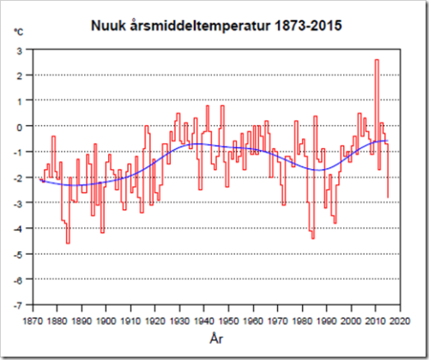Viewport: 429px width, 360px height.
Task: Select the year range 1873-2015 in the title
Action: point(308,26)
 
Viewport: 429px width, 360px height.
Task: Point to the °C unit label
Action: point(19,32)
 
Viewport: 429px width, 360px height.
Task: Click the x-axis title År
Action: point(216,339)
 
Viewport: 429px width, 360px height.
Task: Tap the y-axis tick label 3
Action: point(19,51)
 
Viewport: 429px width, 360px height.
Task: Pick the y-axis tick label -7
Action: point(18,306)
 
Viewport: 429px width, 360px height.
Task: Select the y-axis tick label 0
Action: point(19,127)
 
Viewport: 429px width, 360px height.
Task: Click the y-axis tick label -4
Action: point(18,229)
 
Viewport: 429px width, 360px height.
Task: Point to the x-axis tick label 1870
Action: point(33,321)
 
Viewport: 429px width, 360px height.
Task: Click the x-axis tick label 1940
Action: point(204,321)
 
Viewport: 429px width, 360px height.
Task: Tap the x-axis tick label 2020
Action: point(400,321)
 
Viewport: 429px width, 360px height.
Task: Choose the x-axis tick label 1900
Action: point(106,321)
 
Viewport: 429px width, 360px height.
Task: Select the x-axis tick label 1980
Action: point(302,321)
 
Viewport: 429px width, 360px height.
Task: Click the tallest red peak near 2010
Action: point(377,60)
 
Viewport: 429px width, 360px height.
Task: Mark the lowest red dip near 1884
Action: point(68,243)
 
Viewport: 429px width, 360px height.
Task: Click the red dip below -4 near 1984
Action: point(313,238)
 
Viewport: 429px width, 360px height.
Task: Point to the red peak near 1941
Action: point(208,106)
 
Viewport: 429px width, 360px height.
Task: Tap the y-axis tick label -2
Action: point(18,178)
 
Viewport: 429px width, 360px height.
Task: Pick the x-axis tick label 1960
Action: point(253,321)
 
